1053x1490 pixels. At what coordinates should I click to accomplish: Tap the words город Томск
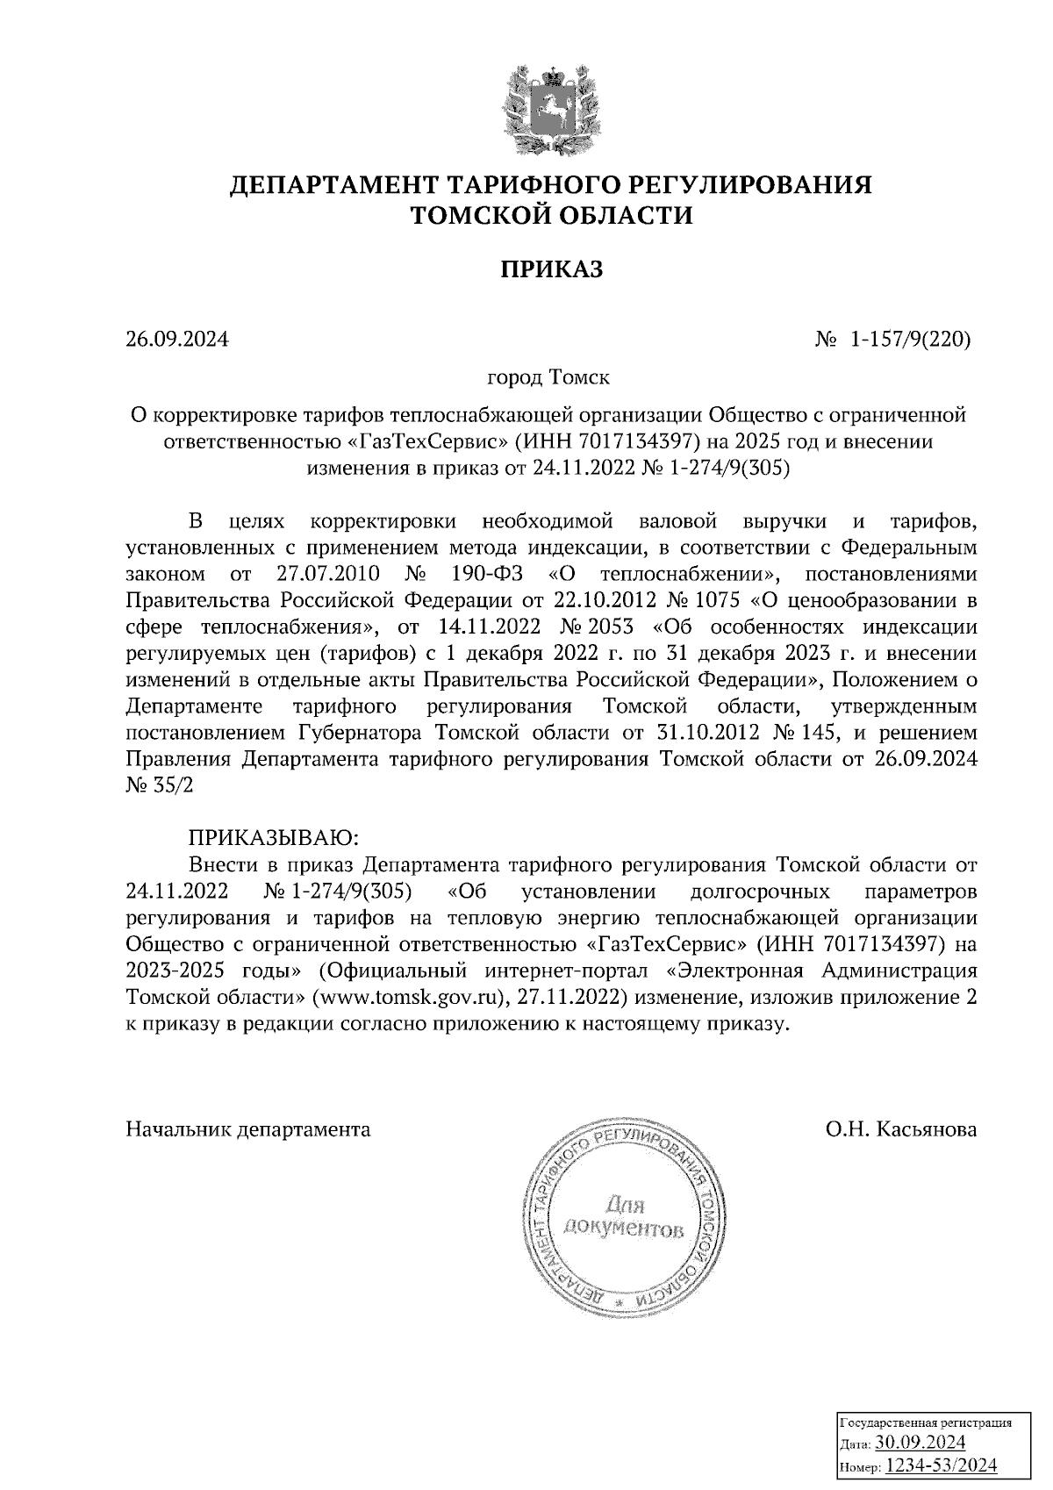(x=548, y=378)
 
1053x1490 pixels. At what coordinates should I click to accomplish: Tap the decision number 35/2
(x=172, y=785)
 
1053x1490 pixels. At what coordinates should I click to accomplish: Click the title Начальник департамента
(x=248, y=1129)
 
